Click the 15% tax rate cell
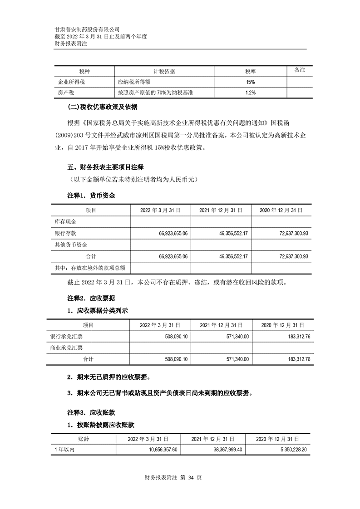[250, 82]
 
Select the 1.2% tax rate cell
[250, 93]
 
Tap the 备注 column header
[300, 70]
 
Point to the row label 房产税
[63, 93]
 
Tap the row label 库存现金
[65, 222]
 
